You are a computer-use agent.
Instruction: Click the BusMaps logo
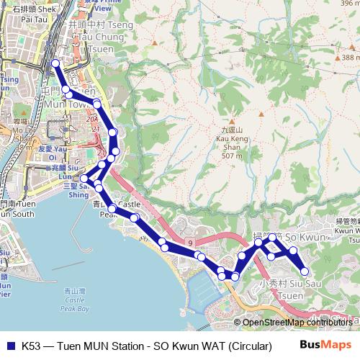tap(322, 345)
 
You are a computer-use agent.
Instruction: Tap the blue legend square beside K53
tap(10, 346)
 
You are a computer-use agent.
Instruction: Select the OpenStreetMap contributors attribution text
tap(297, 322)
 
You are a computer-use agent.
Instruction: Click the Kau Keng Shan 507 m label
tap(231, 143)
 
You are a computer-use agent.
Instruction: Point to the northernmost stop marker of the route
tap(55, 64)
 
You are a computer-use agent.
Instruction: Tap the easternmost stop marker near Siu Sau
tap(305, 271)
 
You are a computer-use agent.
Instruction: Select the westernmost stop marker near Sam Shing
tap(84, 179)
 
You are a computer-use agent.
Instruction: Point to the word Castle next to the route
tap(130, 204)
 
